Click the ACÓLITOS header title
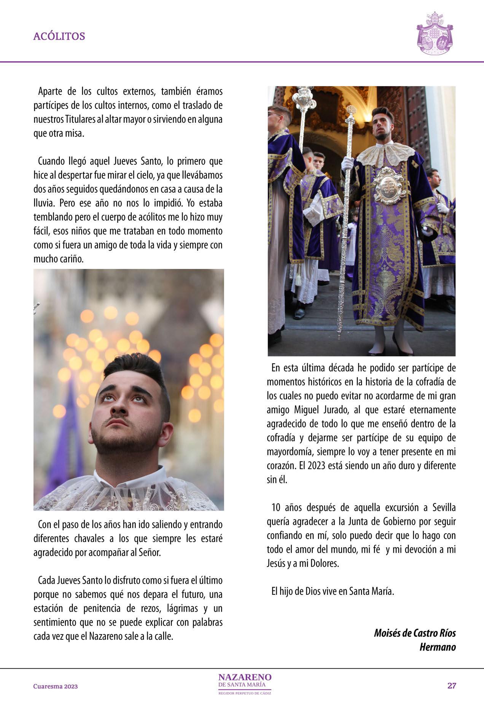click(59, 36)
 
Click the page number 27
click(452, 686)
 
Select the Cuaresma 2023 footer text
click(56, 686)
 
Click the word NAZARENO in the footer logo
click(245, 677)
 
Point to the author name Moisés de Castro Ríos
click(415, 633)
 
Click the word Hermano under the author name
click(437, 647)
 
